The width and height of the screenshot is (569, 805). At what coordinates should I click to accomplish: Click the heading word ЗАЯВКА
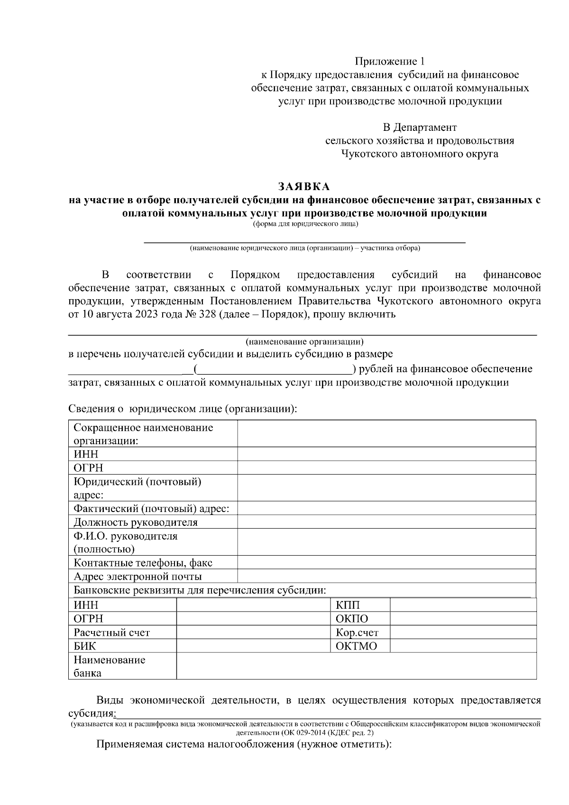point(303,186)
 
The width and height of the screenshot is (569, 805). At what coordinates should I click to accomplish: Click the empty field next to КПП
point(463,605)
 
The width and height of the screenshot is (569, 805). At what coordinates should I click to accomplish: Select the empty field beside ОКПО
point(463,619)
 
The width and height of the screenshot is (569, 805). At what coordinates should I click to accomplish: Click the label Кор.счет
point(357,632)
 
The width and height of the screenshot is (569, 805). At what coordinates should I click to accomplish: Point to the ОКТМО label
point(356,646)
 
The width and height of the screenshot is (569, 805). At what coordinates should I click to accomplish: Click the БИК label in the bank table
point(85,646)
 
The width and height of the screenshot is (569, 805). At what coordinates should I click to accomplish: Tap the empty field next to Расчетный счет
point(253,632)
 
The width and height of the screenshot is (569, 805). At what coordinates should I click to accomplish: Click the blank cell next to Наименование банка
point(356,666)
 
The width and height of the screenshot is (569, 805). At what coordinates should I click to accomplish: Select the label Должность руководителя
point(136,522)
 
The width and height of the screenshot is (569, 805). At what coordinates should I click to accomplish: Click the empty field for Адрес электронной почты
point(386,576)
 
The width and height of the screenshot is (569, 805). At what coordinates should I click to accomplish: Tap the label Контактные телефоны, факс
point(143,563)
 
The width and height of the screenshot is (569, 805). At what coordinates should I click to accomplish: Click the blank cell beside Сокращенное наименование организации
point(386,434)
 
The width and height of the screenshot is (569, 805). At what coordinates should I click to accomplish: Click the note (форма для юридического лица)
point(305,224)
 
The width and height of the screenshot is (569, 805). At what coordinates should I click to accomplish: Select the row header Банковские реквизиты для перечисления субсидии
point(200,591)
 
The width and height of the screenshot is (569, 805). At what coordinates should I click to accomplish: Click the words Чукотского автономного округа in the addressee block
point(420,154)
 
